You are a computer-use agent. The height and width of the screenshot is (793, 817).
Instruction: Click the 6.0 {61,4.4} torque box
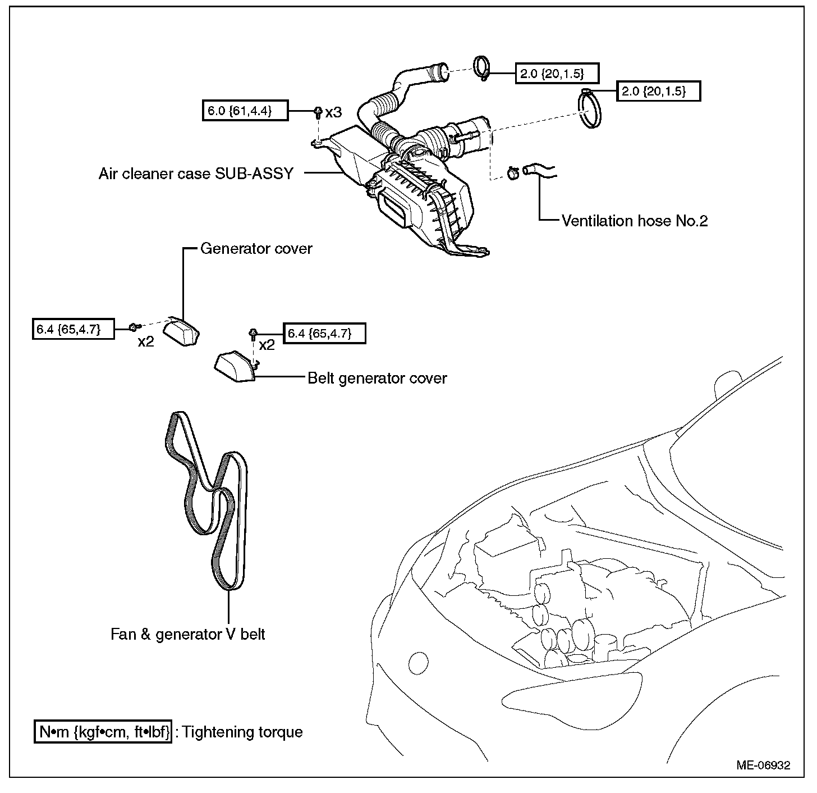click(x=245, y=111)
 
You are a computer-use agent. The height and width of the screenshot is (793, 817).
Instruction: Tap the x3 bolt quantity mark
click(x=333, y=112)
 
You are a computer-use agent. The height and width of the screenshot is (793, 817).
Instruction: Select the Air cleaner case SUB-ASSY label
click(x=196, y=174)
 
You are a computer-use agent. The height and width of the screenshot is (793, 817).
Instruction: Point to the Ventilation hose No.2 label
click(x=635, y=221)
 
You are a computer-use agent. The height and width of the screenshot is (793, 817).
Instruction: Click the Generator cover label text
click(x=256, y=248)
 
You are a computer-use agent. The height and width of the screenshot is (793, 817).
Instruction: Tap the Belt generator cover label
click(x=377, y=378)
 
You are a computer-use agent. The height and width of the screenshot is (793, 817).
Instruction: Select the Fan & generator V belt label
click(x=187, y=634)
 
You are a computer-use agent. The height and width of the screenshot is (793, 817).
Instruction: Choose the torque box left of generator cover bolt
click(x=74, y=329)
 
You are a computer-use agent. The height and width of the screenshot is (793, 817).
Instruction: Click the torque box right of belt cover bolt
click(x=325, y=334)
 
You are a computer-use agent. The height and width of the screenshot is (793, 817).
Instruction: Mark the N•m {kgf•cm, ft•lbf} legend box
click(x=104, y=732)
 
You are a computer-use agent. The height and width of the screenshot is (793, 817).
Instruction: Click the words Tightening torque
click(x=242, y=732)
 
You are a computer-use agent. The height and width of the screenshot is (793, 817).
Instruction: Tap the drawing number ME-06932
click(x=764, y=765)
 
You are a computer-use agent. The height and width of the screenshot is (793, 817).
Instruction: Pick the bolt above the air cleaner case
click(x=318, y=112)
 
